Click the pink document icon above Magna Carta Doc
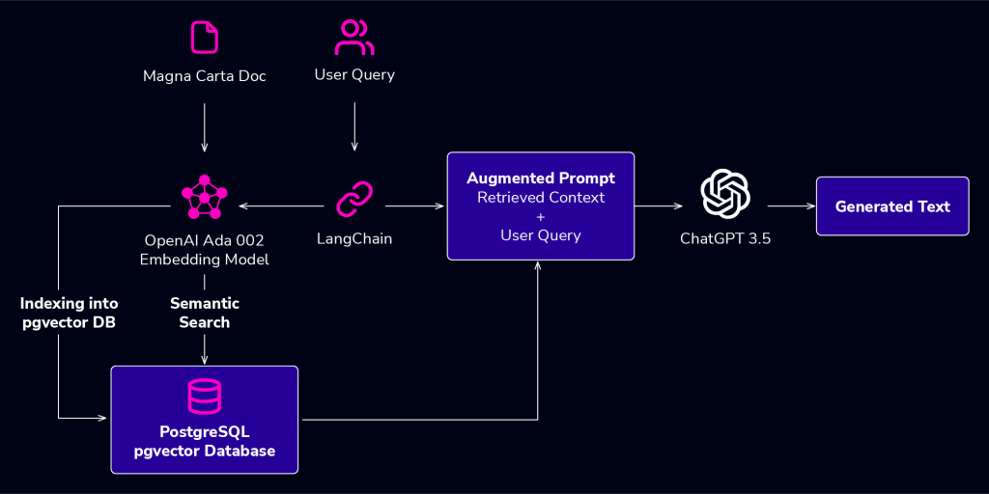click(x=205, y=38)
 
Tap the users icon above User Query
click(x=354, y=38)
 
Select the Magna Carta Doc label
click(x=205, y=76)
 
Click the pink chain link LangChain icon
click(x=354, y=199)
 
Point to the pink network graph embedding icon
click(x=205, y=197)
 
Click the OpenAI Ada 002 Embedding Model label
click(x=205, y=250)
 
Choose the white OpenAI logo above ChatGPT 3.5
click(x=725, y=195)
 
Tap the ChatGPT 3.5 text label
click(x=725, y=239)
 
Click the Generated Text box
click(x=892, y=206)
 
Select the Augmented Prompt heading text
click(x=541, y=178)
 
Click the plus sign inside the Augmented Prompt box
click(x=541, y=217)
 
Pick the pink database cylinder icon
click(x=205, y=397)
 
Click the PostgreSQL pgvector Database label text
click(x=205, y=442)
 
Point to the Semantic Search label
click(x=205, y=314)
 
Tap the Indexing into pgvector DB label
click(x=69, y=314)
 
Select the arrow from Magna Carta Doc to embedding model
click(x=205, y=127)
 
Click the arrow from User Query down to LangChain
click(x=354, y=126)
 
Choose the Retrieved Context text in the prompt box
click(x=541, y=197)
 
